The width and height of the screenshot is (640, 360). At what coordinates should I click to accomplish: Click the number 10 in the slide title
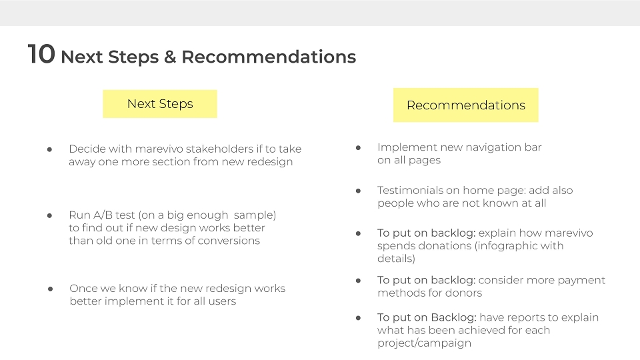(x=41, y=54)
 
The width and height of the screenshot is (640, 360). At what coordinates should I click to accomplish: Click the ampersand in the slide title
(x=170, y=57)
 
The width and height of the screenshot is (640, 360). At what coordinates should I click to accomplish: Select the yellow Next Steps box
(x=160, y=104)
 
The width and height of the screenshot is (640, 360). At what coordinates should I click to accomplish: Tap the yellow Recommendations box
(x=466, y=105)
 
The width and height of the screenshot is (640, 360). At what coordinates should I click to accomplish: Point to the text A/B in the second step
(x=103, y=215)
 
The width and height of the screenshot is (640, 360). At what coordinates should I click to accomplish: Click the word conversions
(x=229, y=241)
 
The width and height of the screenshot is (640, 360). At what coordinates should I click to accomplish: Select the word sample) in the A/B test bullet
(x=255, y=215)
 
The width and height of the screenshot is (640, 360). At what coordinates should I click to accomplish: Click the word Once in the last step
(x=83, y=289)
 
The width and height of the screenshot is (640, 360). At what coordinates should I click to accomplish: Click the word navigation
(x=479, y=148)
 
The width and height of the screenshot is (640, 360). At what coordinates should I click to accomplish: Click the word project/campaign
(x=424, y=343)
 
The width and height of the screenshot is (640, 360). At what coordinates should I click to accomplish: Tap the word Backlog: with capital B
(x=454, y=318)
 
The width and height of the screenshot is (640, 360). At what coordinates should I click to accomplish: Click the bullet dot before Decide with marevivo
(x=49, y=150)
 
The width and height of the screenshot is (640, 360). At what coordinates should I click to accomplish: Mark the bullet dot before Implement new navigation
(x=358, y=148)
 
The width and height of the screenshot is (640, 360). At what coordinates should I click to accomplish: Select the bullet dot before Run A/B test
(x=49, y=215)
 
